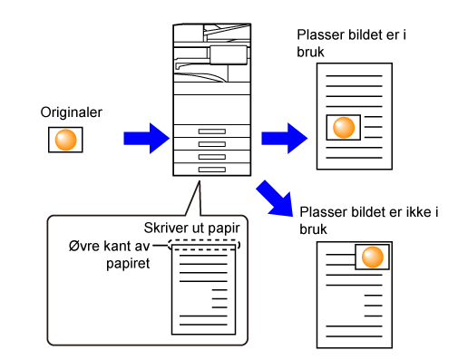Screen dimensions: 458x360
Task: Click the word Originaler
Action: coord(72,112)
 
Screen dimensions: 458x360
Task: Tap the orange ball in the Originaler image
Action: coord(65,140)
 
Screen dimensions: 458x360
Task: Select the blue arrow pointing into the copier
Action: coord(147,138)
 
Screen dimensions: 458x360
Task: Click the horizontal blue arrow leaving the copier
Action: coord(285,138)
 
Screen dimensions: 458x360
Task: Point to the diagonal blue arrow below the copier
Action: coord(276,199)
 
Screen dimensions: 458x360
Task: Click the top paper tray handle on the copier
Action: coord(212,131)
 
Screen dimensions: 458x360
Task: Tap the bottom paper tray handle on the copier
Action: coord(212,170)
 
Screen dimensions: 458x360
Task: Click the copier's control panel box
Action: coord(229,55)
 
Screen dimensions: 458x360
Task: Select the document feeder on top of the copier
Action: coord(212,33)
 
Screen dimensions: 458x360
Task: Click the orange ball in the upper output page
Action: coord(344,128)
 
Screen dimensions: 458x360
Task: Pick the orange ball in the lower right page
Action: coord(373,257)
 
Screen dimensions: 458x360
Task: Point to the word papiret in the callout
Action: coord(128,264)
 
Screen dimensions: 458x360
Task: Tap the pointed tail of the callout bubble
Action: coord(200,181)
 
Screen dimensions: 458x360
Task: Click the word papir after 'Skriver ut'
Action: coord(224,229)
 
